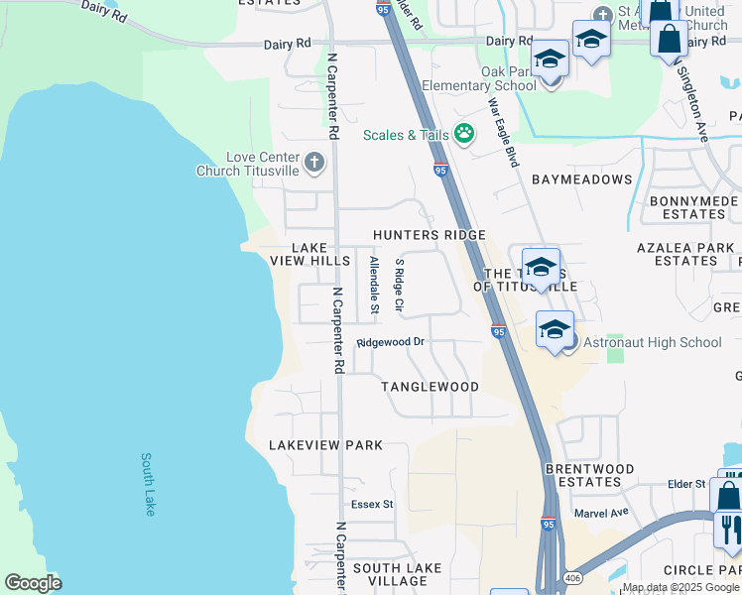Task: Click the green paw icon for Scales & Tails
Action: coord(463,134)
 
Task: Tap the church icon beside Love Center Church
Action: coord(314,163)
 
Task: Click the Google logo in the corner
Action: coord(33,583)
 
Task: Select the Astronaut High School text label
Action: coord(652,342)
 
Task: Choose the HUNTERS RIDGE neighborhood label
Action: coord(430,235)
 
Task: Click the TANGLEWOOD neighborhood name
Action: coord(431,387)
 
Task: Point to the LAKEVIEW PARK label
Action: coord(325,445)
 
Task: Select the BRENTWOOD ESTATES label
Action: coord(589,475)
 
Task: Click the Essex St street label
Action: coord(372,504)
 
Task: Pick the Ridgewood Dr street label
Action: coord(391,342)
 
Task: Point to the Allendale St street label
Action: coord(374,286)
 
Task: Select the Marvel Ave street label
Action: coord(602,513)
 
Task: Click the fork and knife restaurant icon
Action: coord(728,530)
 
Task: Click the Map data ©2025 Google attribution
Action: coord(680,587)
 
